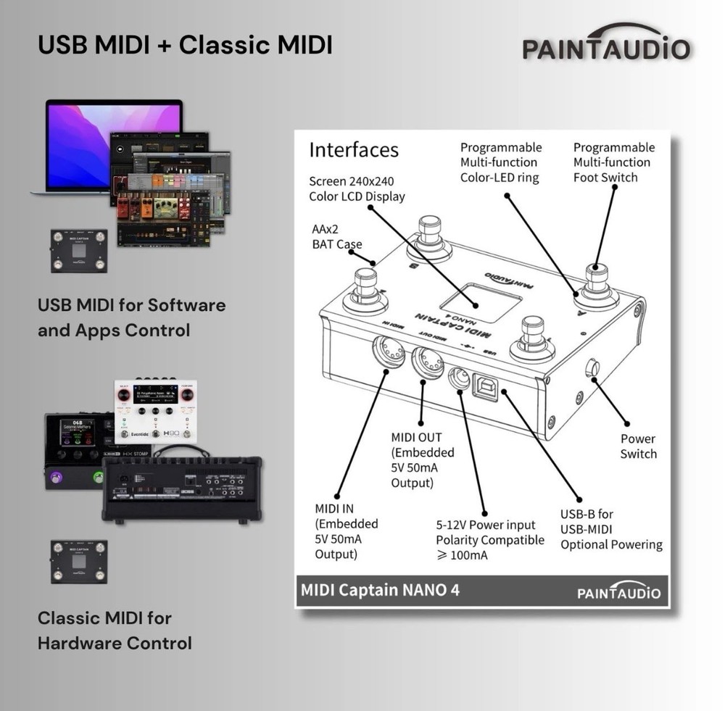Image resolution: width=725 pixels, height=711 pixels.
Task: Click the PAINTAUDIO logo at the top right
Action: coord(606,45)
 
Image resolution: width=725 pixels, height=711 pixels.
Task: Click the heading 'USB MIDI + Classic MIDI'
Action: coord(185,45)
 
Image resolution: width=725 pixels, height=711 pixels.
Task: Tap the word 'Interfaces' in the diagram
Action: coord(354,149)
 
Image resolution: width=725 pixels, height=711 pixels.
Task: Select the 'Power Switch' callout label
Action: coord(638,446)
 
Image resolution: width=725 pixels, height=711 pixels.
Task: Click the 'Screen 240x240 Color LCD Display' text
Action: coord(357,188)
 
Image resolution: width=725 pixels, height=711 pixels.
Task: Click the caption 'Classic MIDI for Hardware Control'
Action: coord(115,631)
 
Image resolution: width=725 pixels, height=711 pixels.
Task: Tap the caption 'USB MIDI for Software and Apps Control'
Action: coord(131,317)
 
